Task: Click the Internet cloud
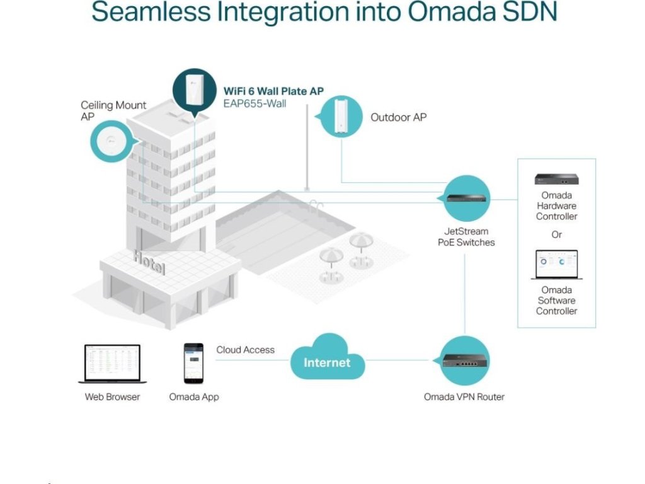tap(327, 360)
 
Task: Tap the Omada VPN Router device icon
tap(465, 360)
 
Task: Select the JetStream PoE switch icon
tap(467, 197)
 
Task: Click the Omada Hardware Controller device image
tap(556, 179)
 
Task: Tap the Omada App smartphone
tap(193, 363)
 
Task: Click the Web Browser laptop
tap(112, 364)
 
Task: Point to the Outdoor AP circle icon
tap(341, 116)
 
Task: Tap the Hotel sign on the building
tap(149, 262)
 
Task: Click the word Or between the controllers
tap(557, 234)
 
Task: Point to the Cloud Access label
tap(246, 350)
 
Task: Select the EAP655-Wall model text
tap(254, 103)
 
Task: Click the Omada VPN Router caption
tap(464, 397)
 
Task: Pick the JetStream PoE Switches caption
tap(466, 237)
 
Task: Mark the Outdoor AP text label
tap(398, 117)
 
